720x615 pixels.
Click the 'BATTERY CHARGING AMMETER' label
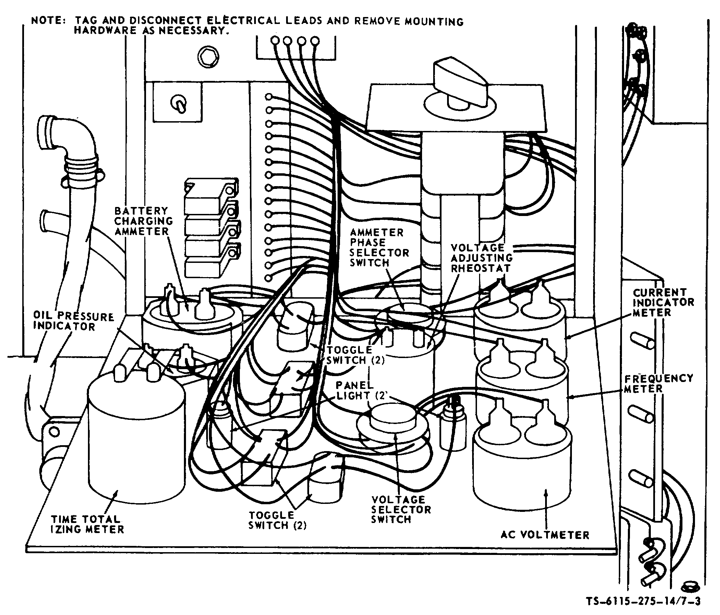pos(143,221)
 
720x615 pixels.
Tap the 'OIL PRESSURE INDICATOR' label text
pos(73,322)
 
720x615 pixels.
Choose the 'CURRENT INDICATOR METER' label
pos(663,302)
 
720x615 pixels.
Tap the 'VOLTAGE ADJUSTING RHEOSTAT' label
pos(482,258)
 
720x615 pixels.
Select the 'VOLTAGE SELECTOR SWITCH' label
pos(401,510)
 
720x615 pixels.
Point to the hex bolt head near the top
pos(208,55)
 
